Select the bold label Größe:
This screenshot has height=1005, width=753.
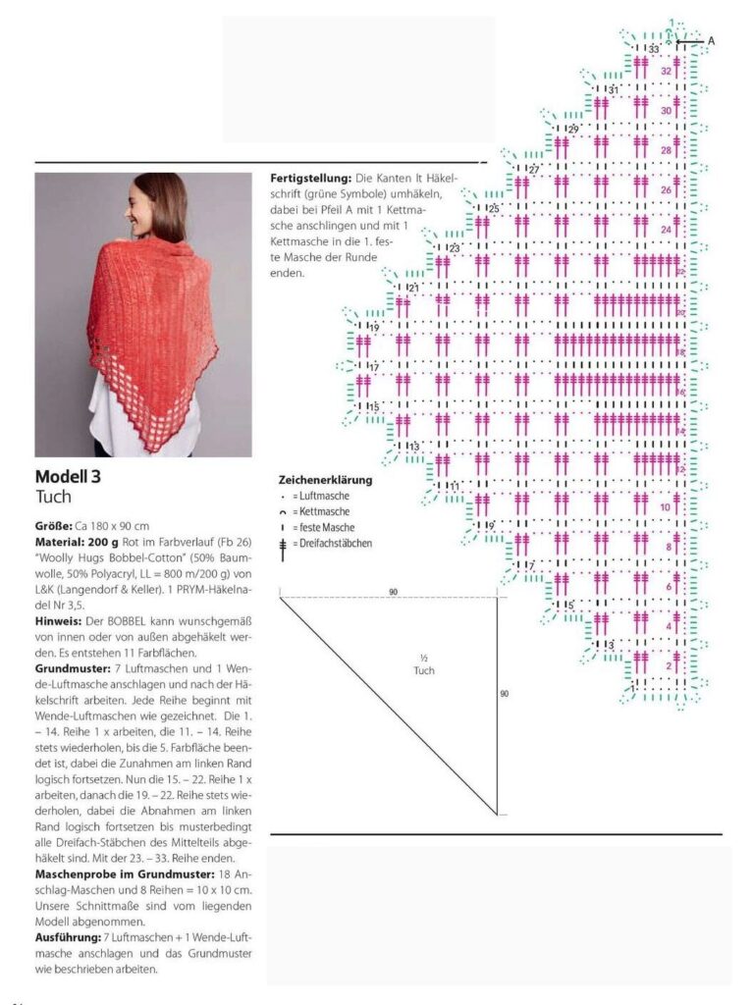tap(56, 527)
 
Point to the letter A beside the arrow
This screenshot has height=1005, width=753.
tap(711, 41)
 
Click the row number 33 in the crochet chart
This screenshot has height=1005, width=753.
tap(653, 48)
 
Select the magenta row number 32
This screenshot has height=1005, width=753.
tap(666, 71)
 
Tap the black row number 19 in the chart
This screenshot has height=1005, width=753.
tap(374, 327)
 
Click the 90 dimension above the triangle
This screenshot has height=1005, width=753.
tap(394, 592)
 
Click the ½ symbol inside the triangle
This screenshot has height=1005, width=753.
tap(423, 658)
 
